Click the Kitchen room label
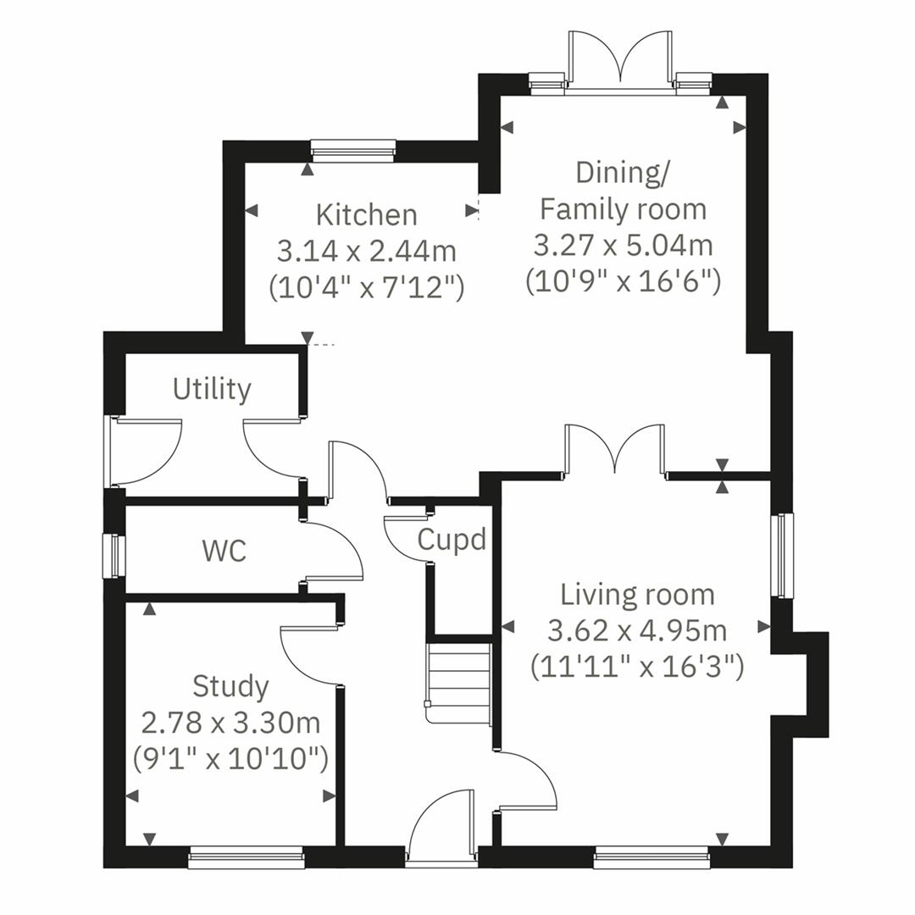366,215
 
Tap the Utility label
212,390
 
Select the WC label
225,551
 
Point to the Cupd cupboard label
452,540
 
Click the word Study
230,685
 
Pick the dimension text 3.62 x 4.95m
637,631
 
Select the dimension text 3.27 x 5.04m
623,246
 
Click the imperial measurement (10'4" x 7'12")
366,288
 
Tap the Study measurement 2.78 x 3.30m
230,723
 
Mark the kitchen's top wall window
352,152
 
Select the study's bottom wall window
246,859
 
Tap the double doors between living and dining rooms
615,451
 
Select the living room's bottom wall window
651,859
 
